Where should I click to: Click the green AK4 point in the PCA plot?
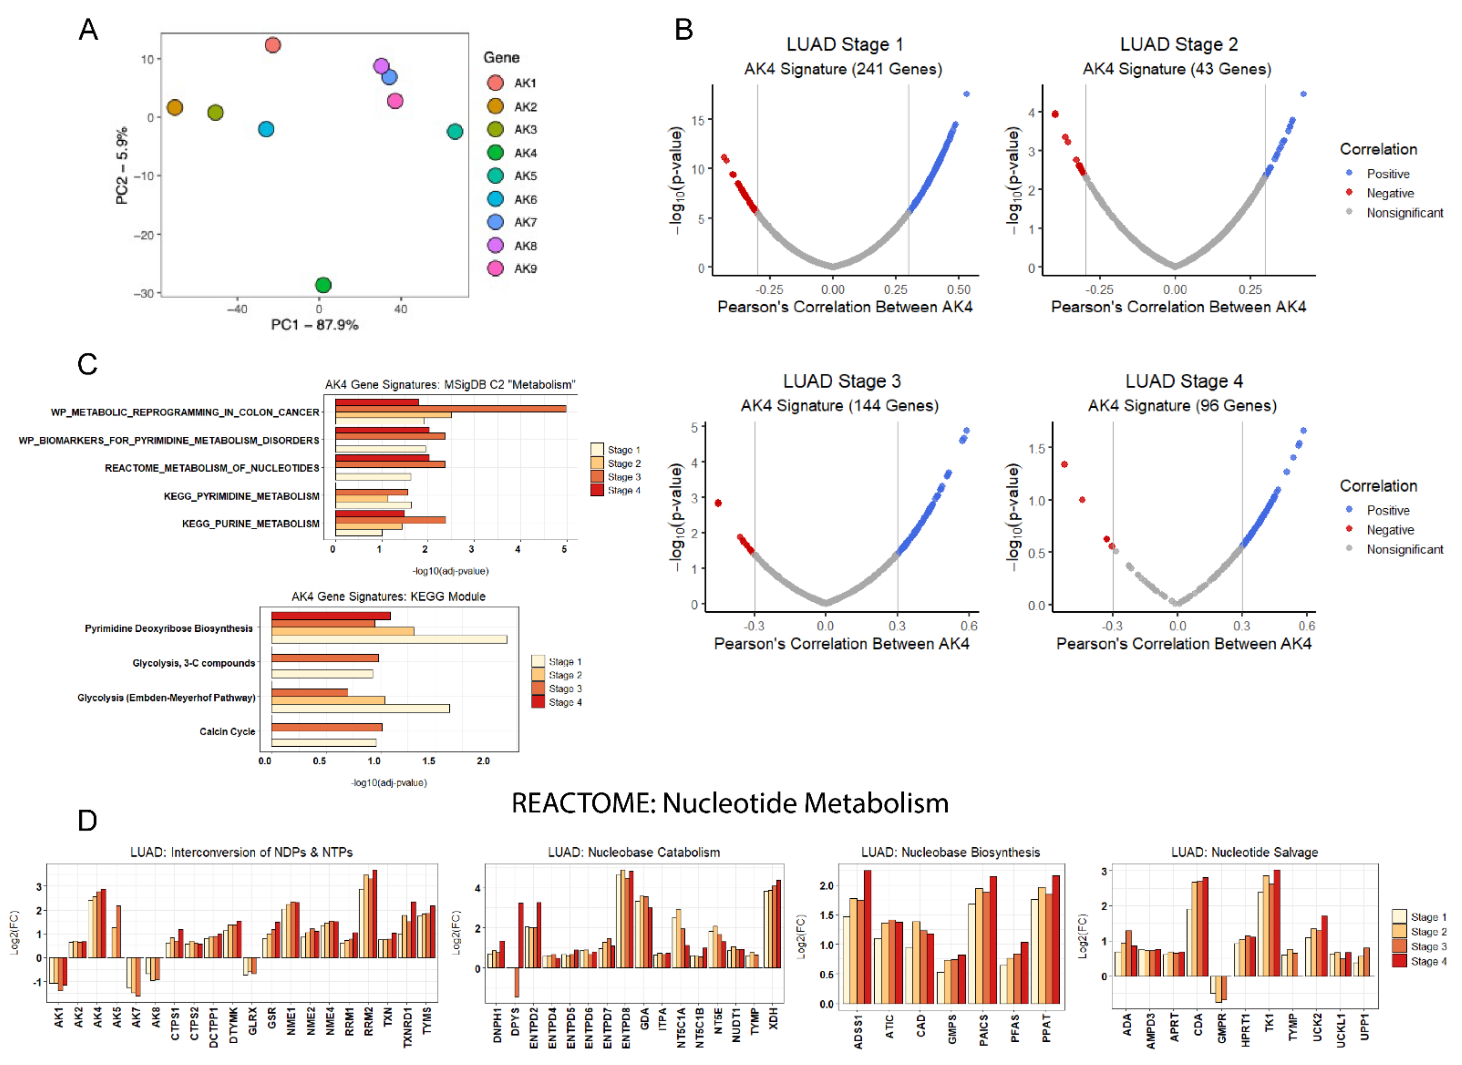(323, 285)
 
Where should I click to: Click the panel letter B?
(683, 30)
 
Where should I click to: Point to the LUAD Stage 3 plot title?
(842, 381)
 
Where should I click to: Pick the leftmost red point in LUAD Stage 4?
(1064, 464)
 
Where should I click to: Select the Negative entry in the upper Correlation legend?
(1390, 193)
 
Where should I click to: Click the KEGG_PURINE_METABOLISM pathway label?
(250, 524)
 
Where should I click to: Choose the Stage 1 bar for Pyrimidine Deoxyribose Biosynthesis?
(389, 639)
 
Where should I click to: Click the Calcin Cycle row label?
(227, 732)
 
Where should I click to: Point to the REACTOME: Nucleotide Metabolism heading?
(730, 803)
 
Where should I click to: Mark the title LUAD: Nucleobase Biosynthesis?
(951, 852)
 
